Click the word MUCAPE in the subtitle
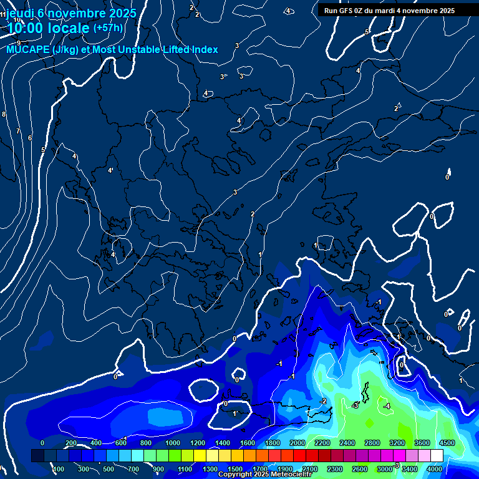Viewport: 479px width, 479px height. [26, 50]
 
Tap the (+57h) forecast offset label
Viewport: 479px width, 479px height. [108, 28]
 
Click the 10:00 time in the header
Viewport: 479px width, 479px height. [28, 28]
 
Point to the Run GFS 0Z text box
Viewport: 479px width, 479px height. [389, 11]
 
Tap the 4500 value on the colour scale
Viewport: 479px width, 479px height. [447, 443]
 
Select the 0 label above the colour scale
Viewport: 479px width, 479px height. [42, 443]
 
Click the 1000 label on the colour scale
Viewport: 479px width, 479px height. [172, 443]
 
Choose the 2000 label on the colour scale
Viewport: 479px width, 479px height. [298, 443]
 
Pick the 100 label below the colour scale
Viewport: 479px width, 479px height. [59, 469]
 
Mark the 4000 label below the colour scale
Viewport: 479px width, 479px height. [435, 469]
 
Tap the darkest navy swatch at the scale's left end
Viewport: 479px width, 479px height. [37, 456]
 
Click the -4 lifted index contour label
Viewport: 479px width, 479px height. [387, 406]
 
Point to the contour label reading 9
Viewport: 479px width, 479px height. [19, 43]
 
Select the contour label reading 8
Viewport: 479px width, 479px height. [4, 114]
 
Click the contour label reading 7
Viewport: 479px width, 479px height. [18, 132]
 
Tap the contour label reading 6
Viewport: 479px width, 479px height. [30, 138]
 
